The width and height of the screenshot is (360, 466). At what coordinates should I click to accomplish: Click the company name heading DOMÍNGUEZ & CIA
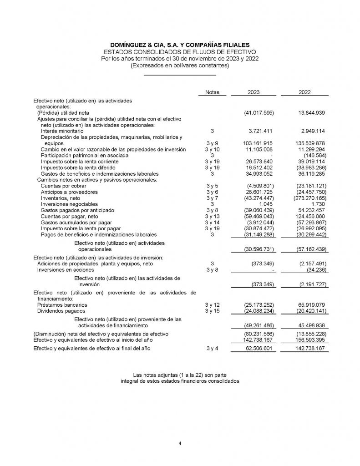coord(180,45)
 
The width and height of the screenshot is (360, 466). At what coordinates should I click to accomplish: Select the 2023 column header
coord(254,92)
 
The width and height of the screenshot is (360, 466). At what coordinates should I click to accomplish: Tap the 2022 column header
coord(304,92)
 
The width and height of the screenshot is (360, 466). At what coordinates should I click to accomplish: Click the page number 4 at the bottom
coord(180,444)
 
